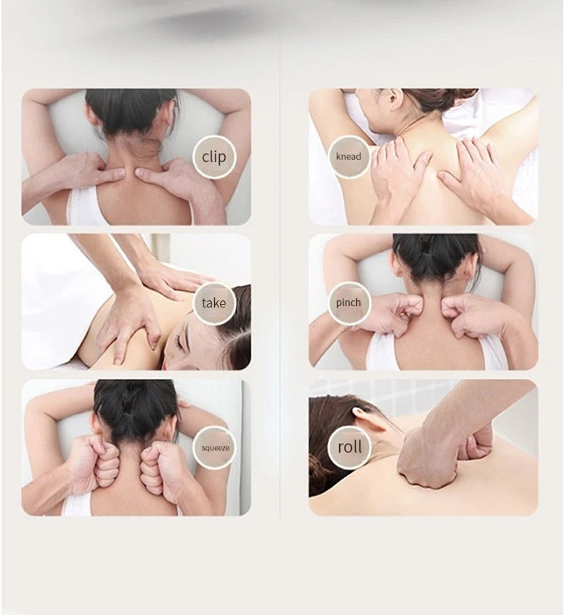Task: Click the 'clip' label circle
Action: pyautogui.click(x=213, y=156)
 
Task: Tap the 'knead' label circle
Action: pyautogui.click(x=349, y=156)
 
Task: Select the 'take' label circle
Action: pyautogui.click(x=213, y=303)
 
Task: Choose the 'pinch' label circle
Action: pyautogui.click(x=349, y=303)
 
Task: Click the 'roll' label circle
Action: pyautogui.click(x=349, y=447)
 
